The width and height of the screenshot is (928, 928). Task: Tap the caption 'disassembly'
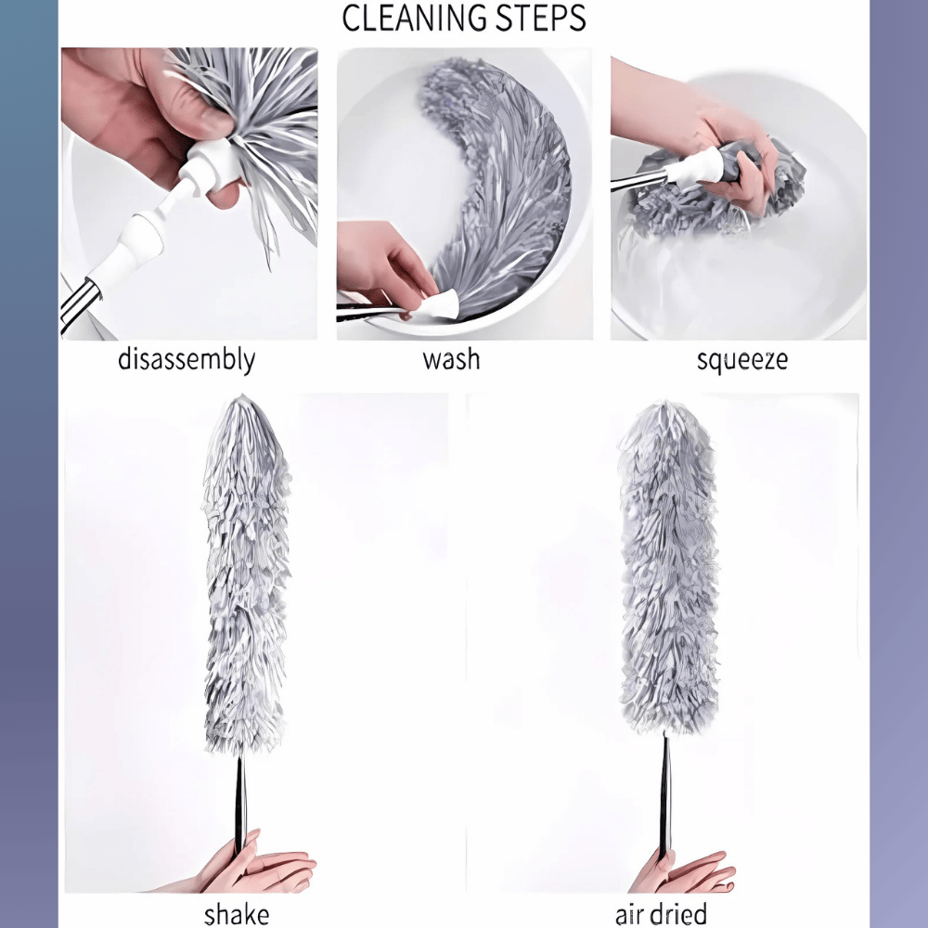(x=187, y=359)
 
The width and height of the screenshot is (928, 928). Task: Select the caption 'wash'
(x=452, y=359)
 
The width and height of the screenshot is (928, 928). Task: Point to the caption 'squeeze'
(x=741, y=359)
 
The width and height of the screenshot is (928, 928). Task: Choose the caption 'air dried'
(x=661, y=913)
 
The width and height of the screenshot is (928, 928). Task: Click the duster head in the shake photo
(x=246, y=575)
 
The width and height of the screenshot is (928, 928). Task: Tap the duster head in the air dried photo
(x=668, y=566)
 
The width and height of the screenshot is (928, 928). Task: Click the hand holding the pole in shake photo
(x=260, y=869)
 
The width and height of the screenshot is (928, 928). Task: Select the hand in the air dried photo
(x=682, y=872)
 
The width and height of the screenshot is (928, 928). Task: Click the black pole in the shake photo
(x=241, y=798)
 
